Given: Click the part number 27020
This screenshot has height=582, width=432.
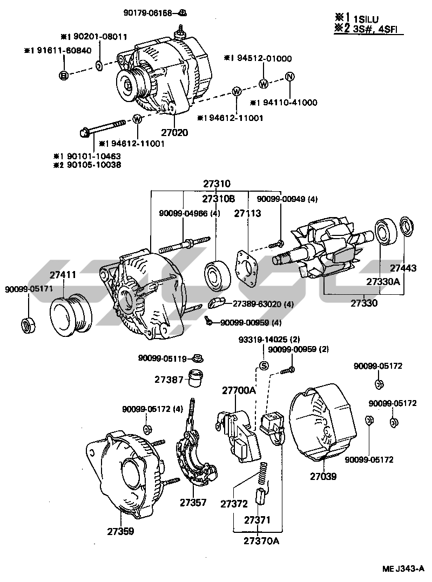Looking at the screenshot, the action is [174, 132].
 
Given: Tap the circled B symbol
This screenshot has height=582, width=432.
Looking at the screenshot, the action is [64, 76].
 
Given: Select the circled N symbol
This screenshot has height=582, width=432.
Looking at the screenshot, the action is [289, 77].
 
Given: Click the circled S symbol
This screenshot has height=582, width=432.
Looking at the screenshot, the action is [263, 366].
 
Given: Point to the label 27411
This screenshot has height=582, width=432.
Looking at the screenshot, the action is [63, 275].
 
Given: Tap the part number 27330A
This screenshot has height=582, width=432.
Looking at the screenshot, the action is [383, 281].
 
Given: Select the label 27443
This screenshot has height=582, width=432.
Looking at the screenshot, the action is [403, 268].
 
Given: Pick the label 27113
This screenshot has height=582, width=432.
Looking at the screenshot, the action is [247, 213].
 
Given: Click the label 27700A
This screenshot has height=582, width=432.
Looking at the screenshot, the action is [239, 390].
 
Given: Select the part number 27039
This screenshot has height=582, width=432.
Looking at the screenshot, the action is [323, 476].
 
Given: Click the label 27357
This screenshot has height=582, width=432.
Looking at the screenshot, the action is [193, 503].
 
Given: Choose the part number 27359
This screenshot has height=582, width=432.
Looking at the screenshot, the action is [120, 531].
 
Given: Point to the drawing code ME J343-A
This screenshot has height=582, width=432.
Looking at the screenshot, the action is [403, 569].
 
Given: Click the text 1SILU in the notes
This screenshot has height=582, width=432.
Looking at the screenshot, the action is [366, 19].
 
